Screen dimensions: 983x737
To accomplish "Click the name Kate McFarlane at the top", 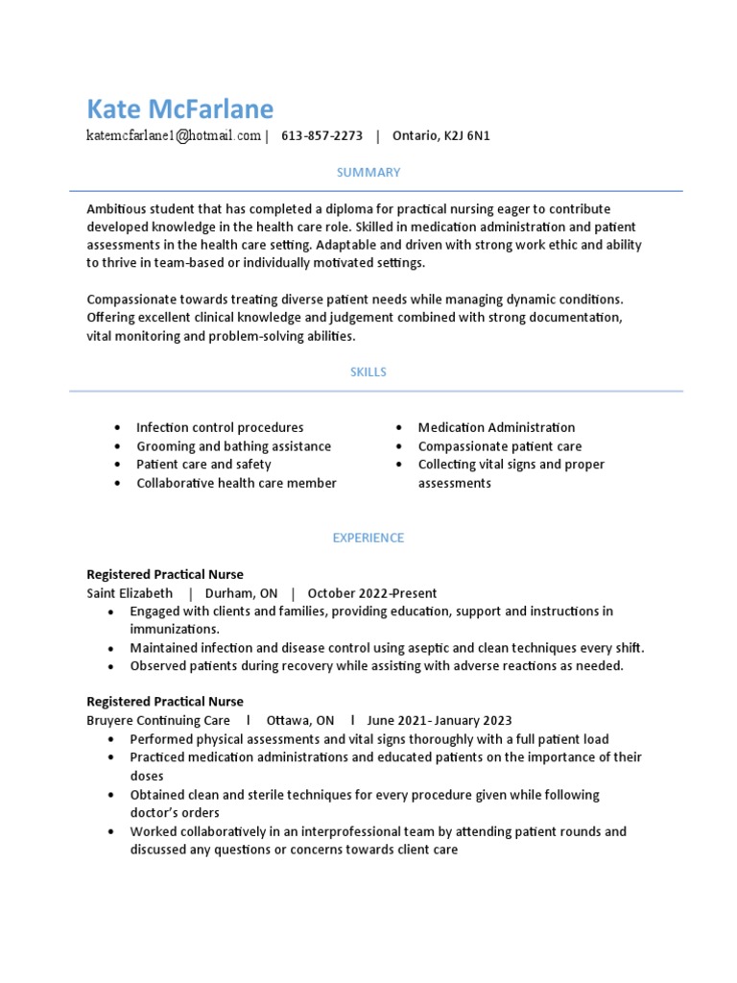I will [179, 108].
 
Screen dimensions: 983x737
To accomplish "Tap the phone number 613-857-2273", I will [321, 136].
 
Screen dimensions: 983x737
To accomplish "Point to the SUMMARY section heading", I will [368, 173].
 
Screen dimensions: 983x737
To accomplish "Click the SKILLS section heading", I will [368, 372].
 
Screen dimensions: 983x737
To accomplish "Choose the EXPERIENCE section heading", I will [368, 539].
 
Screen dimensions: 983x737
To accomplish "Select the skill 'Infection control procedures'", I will [220, 428].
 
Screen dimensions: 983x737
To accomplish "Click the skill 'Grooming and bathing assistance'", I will [233, 446].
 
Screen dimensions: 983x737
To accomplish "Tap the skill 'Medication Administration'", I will [496, 428].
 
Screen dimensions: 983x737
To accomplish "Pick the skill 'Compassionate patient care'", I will [499, 446].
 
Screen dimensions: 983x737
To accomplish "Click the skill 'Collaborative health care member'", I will [236, 484].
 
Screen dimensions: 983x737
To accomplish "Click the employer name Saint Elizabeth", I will [130, 593].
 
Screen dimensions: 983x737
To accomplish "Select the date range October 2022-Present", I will [372, 593].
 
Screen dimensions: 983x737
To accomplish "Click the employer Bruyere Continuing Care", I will [158, 721].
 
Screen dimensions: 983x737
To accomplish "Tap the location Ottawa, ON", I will [300, 721].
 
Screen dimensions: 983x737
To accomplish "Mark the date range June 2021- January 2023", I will [440, 721].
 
